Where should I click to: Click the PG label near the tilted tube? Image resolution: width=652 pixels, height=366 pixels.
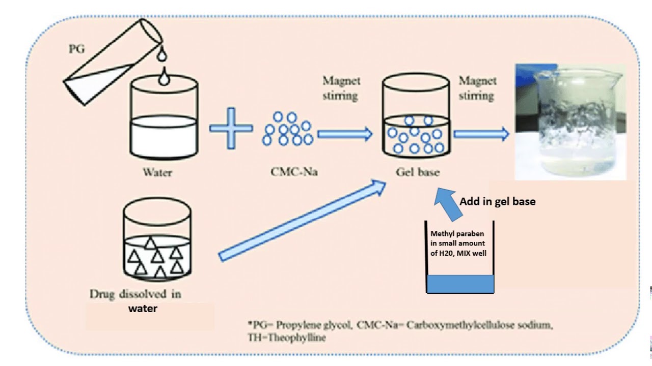[x=77, y=50]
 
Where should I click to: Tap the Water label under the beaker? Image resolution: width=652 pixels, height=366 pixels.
[x=157, y=172]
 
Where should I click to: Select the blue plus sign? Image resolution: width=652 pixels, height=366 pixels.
[x=231, y=128]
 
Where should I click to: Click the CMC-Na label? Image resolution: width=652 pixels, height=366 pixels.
[x=294, y=172]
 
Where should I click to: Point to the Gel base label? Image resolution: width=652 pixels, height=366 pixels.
[x=417, y=172]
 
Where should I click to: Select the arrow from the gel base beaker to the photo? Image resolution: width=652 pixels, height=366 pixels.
[x=481, y=134]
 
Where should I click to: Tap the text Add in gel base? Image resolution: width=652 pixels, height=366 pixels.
[x=497, y=201]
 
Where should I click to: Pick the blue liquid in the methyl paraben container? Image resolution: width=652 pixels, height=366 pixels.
[x=460, y=284]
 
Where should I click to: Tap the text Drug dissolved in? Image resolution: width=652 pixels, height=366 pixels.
[x=135, y=294]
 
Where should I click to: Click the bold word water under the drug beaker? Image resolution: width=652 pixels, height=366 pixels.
[x=142, y=308]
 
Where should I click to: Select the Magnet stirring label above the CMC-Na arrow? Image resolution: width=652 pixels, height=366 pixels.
[x=341, y=88]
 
